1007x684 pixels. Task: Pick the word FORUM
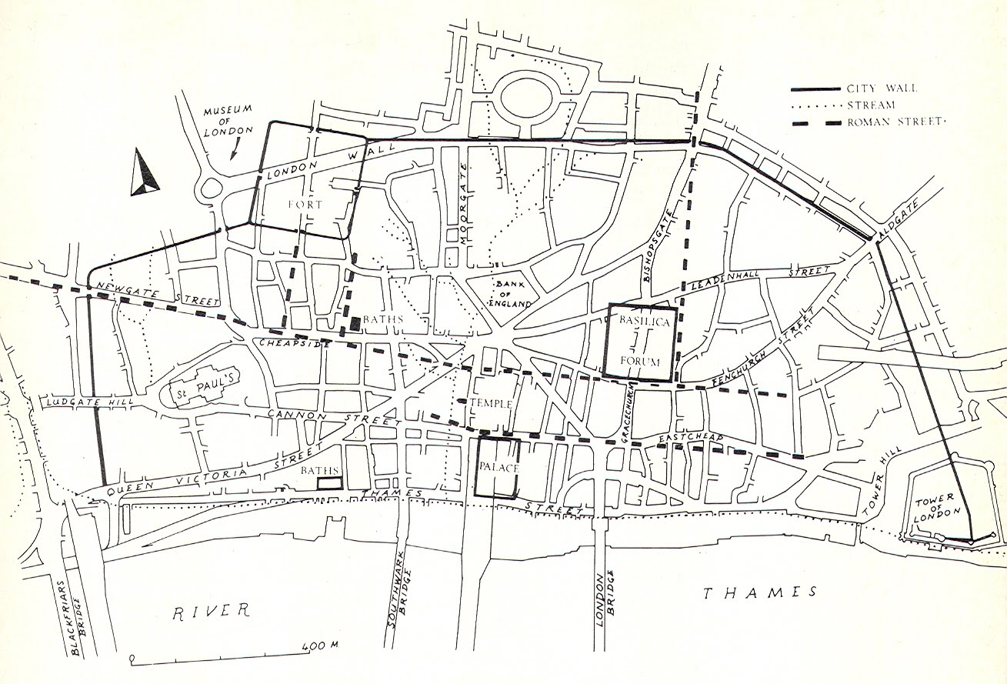(x=640, y=361)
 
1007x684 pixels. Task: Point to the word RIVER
(x=211, y=611)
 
